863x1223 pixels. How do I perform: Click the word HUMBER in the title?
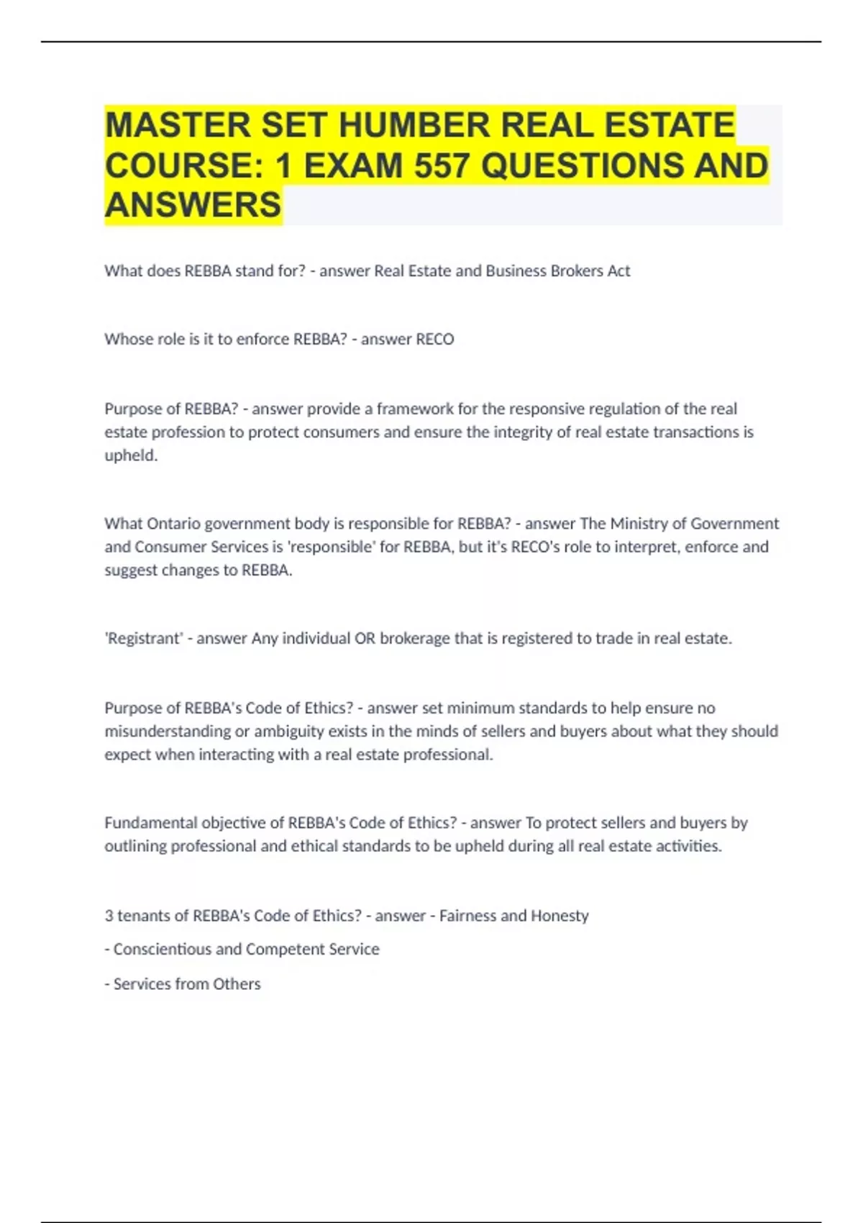(414, 125)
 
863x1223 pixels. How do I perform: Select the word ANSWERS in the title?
(193, 205)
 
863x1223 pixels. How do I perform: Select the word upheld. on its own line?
(131, 455)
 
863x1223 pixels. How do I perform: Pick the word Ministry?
(642, 524)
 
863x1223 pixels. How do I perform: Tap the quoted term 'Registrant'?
(144, 639)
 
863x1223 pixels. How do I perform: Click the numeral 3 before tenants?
(109, 916)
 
